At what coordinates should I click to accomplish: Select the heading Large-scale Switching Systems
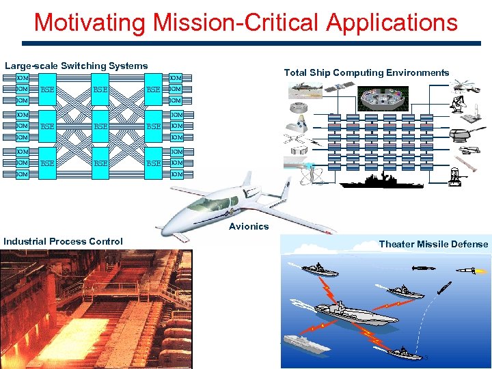[x=77, y=66]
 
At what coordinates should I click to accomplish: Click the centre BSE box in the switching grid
[x=100, y=126]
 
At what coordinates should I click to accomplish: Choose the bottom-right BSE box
[x=154, y=163]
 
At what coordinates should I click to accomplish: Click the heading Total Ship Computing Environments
[x=366, y=72]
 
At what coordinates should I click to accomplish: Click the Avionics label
[x=249, y=226]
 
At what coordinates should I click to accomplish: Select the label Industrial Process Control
[x=63, y=241]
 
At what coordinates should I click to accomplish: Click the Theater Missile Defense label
[x=433, y=244]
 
